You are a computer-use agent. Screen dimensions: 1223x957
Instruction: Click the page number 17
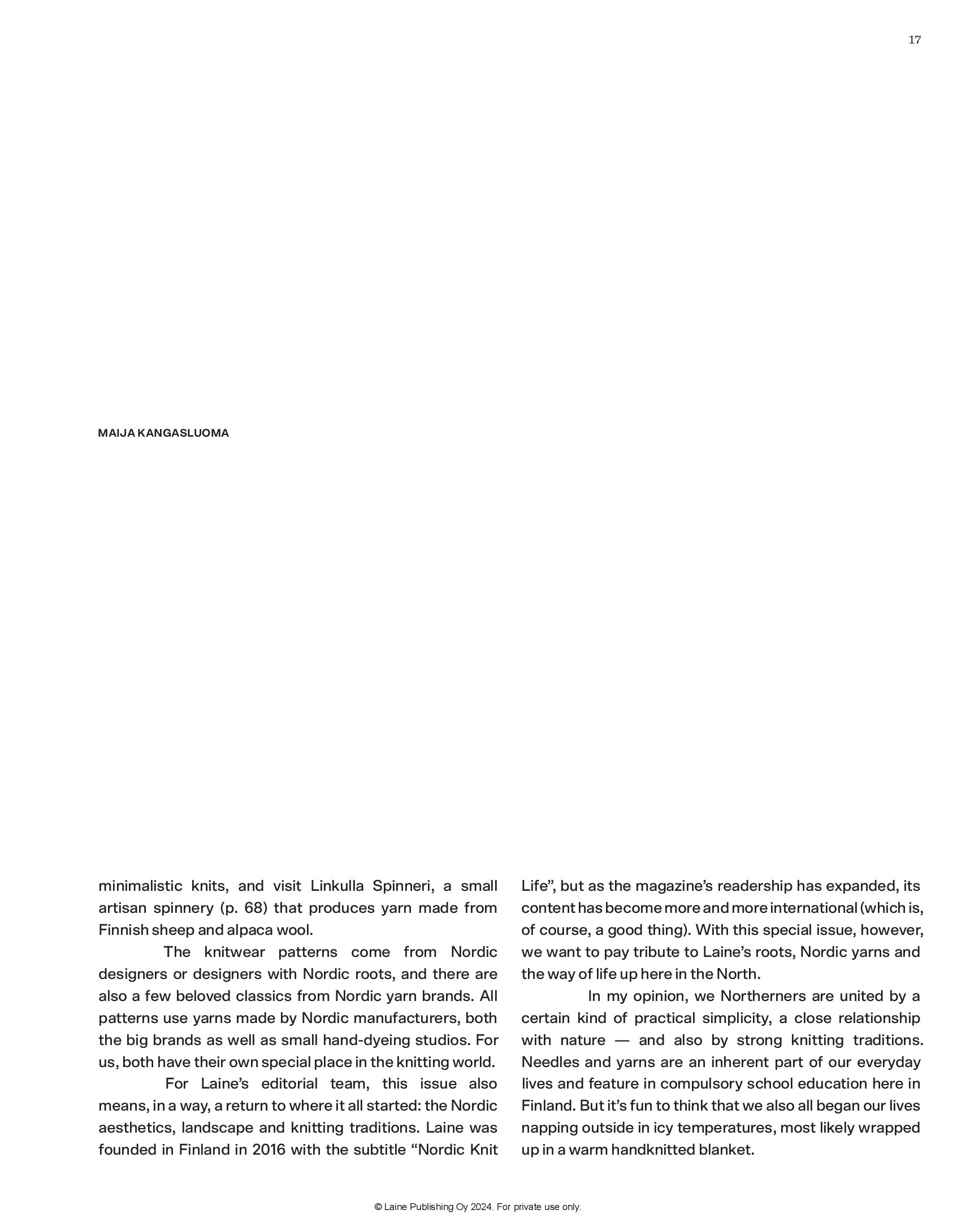coord(915,40)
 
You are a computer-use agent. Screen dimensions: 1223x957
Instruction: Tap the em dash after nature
coord(622,1040)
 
